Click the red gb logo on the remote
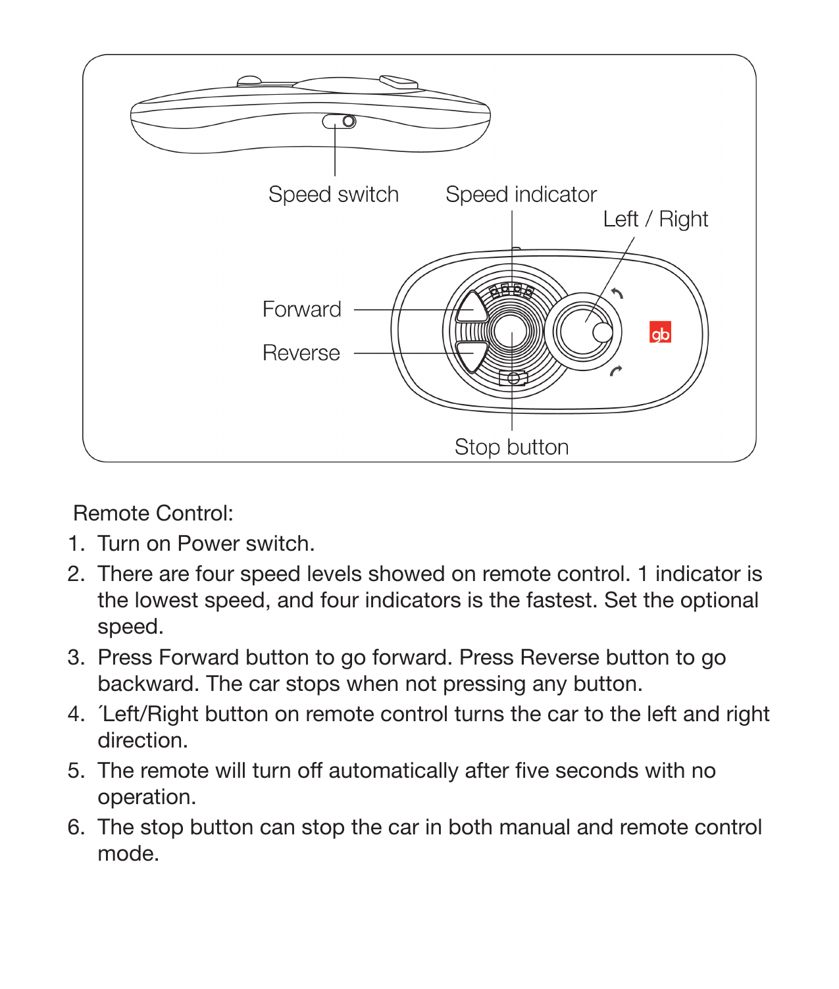(660, 334)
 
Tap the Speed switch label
(333, 195)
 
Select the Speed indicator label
(521, 195)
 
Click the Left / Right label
(655, 219)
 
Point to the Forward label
(301, 309)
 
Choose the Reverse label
(301, 353)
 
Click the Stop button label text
(511, 447)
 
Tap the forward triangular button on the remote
(472, 308)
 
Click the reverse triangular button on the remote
(472, 355)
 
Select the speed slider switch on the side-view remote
(340, 122)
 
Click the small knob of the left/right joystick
(602, 332)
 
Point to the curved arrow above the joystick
(617, 293)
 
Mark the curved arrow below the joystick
(615, 372)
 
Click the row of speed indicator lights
(511, 290)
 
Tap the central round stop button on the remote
(511, 332)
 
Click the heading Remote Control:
(153, 513)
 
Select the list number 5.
(76, 771)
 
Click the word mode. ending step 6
(128, 853)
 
